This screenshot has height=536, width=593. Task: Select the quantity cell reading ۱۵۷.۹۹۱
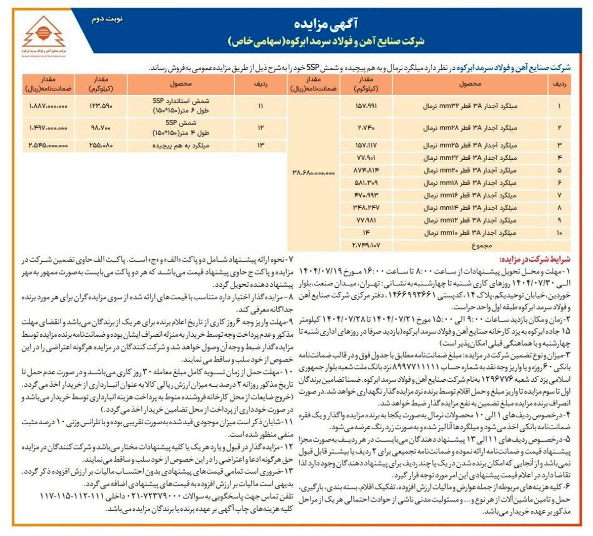[367, 106]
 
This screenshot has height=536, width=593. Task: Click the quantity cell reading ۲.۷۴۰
[367, 128]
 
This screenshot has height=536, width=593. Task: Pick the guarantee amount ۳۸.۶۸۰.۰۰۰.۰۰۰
[314, 173]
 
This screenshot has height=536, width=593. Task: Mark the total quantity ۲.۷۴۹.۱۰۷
[367, 245]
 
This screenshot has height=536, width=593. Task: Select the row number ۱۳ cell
[260, 145]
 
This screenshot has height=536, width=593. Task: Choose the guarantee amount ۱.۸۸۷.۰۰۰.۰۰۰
[48, 106]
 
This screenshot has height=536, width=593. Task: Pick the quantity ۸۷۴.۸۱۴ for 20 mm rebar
[367, 170]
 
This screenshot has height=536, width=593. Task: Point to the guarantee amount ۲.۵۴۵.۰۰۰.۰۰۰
[48, 145]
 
